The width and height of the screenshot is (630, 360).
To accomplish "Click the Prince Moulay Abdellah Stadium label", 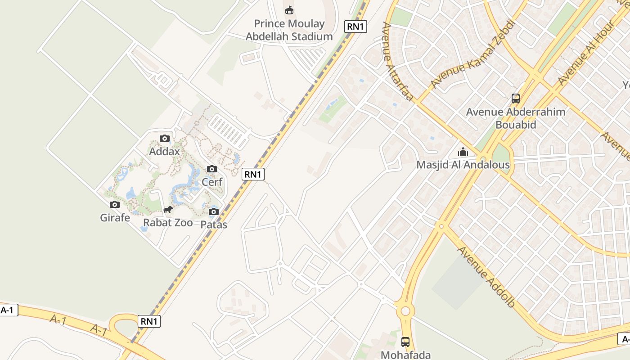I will tap(289, 30).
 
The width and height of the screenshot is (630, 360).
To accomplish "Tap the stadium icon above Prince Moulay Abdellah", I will tap(289, 10).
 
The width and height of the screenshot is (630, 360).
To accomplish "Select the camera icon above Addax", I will tap(165, 139).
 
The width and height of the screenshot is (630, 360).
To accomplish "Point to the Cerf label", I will tap(212, 182).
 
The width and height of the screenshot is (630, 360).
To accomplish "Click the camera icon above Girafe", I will tap(115, 205).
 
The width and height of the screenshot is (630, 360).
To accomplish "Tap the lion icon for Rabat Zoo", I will tap(168, 210).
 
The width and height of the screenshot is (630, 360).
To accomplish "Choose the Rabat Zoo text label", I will tap(168, 223).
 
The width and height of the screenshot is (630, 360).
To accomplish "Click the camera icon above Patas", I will tap(214, 211).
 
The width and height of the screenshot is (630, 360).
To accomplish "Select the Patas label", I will tap(214, 224).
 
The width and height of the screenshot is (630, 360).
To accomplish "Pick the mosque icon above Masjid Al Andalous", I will tap(463, 152).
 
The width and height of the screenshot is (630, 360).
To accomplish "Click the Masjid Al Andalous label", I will tap(463, 165).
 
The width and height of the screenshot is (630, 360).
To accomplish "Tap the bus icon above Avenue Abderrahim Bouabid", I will tap(516, 98).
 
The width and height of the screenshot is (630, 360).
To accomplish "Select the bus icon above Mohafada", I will tap(405, 342).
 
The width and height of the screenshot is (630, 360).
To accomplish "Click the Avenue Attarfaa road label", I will tap(397, 61).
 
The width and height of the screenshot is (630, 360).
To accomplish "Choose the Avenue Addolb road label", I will tap(486, 277).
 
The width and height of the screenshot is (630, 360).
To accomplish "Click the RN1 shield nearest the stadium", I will tap(355, 27).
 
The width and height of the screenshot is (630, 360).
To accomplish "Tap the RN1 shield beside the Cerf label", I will tap(253, 174).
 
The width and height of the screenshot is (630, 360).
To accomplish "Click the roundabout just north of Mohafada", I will tap(405, 311).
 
